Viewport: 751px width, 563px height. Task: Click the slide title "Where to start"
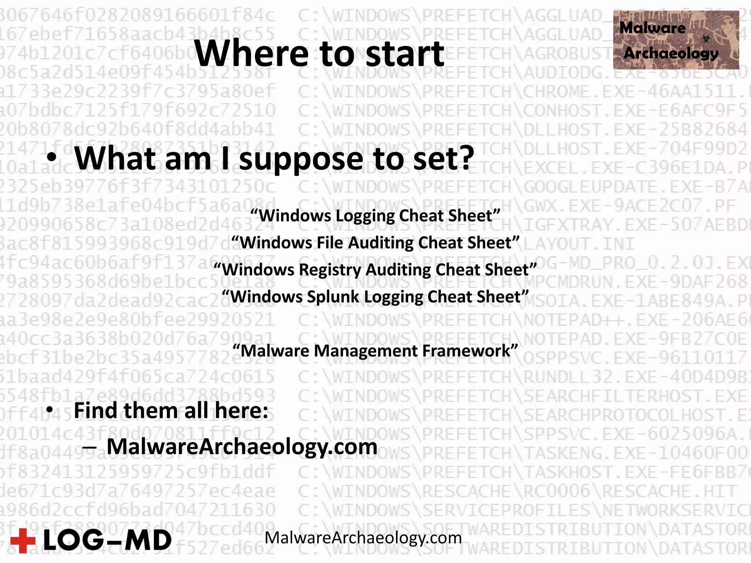pyautogui.click(x=319, y=54)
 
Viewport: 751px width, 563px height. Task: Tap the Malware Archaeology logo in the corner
pyautogui.click(x=676, y=40)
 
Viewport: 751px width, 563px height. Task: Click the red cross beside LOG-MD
pyautogui.click(x=23, y=540)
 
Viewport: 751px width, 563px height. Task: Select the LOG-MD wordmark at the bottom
pyautogui.click(x=107, y=541)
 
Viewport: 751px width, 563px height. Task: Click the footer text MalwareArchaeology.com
pyautogui.click(x=363, y=538)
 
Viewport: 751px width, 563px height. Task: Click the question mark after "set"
pyautogui.click(x=465, y=158)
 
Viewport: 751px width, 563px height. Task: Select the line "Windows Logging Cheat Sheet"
pyautogui.click(x=375, y=216)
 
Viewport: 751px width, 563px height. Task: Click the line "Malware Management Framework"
pyautogui.click(x=375, y=351)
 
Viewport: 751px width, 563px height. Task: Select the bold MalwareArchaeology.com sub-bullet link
pyautogui.click(x=242, y=447)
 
